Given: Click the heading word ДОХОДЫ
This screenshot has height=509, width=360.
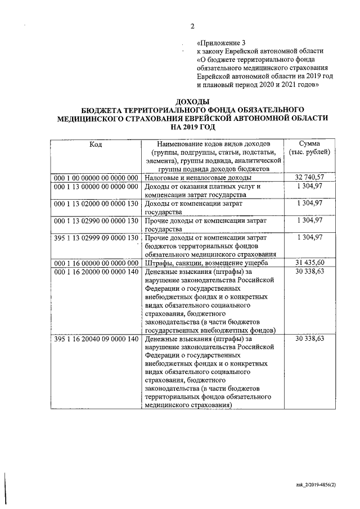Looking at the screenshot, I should pyautogui.click(x=192, y=101).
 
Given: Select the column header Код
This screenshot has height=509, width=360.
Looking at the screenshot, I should pyautogui.click(x=96, y=144).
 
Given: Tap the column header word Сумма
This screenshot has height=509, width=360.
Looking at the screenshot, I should pyautogui.click(x=309, y=144).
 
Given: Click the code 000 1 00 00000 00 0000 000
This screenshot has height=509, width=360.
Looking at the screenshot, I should pyautogui.click(x=96, y=178).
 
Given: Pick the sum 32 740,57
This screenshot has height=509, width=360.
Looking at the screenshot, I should pyautogui.click(x=309, y=178).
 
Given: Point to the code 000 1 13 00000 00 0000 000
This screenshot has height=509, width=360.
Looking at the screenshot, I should pyautogui.click(x=96, y=187).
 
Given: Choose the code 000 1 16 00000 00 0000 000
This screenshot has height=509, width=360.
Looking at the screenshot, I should pyautogui.click(x=96, y=263).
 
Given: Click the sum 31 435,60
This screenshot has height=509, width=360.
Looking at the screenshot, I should pyautogui.click(x=309, y=263).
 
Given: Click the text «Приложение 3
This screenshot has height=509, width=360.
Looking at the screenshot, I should pyautogui.click(x=221, y=43).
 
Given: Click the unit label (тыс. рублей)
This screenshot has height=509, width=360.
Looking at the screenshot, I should pyautogui.click(x=309, y=152).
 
